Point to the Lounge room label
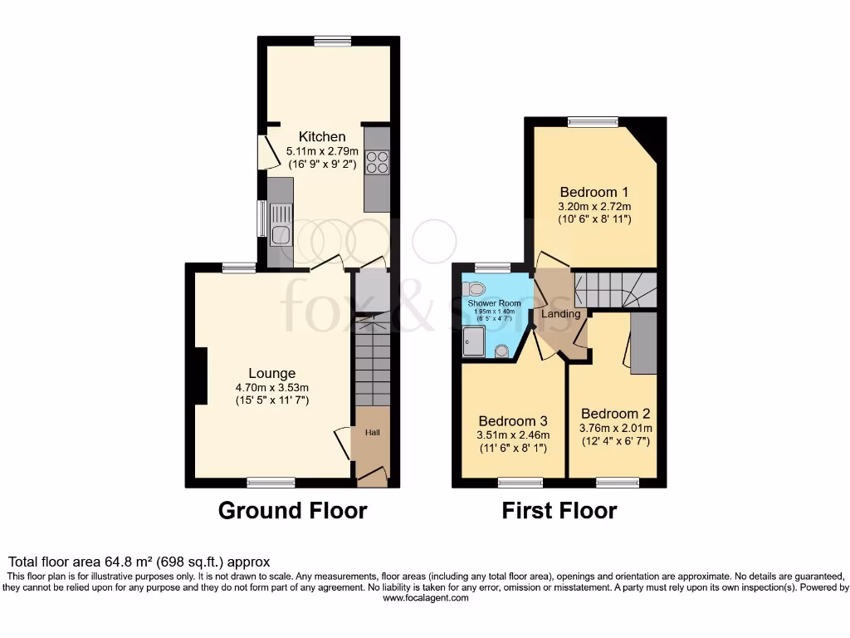(271, 373)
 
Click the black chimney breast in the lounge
(199, 376)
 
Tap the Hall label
(371, 433)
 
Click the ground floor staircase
(372, 361)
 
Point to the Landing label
(560, 314)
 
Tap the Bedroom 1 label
(594, 189)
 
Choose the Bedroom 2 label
(615, 414)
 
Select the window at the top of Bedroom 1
(594, 122)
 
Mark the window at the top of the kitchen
(332, 41)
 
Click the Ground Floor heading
(292, 510)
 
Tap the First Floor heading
(559, 510)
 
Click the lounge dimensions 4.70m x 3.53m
(271, 387)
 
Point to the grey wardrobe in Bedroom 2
(643, 342)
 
